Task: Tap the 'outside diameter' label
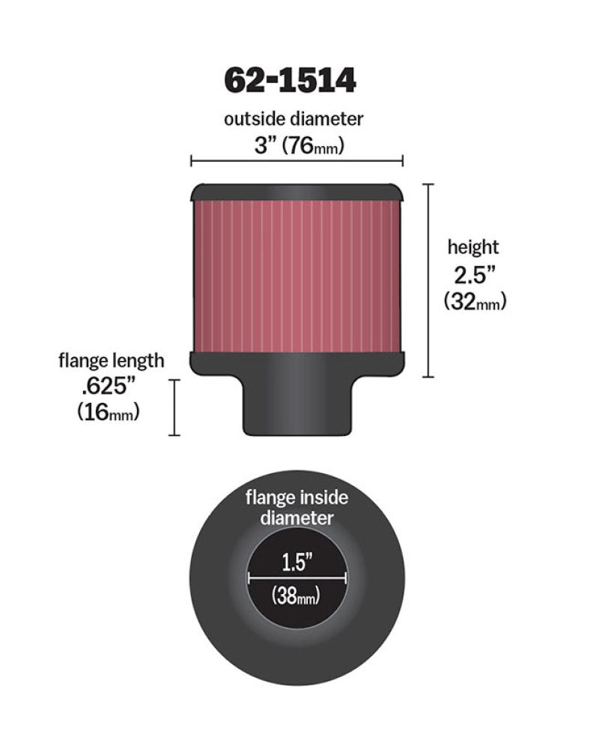[x=294, y=119]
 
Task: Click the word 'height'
[x=473, y=247]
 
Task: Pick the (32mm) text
[x=475, y=302]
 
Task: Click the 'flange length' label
[x=112, y=360]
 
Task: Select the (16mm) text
[x=109, y=413]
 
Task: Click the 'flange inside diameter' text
[x=297, y=507]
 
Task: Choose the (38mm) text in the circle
[x=297, y=597]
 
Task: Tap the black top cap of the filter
[x=297, y=192]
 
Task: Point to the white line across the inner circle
[x=297, y=577]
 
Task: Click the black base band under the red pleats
[x=297, y=362]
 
